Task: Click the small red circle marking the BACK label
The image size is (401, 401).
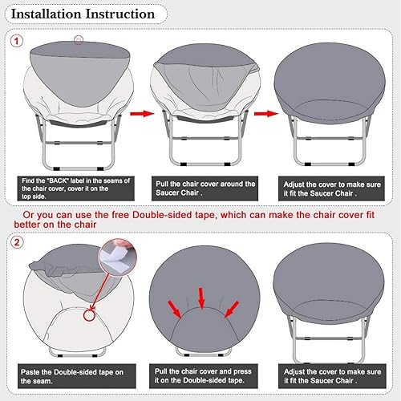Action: (x=78, y=39)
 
